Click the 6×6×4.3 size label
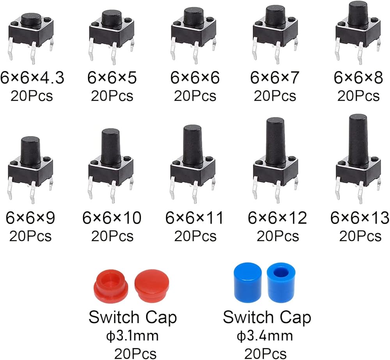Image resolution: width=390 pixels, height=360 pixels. (x=32, y=78)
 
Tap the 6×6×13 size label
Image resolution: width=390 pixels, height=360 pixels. (x=360, y=218)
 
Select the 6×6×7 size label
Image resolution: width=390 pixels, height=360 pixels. (x=275, y=78)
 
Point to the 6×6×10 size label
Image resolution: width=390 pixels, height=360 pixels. (x=112, y=218)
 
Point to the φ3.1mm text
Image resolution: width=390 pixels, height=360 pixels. (x=132, y=336)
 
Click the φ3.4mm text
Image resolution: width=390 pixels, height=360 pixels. (x=265, y=336)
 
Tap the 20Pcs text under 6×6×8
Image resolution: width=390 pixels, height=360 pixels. (x=358, y=96)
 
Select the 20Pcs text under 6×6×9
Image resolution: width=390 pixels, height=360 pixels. (x=30, y=236)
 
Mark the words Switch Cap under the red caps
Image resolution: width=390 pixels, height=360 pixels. (x=133, y=317)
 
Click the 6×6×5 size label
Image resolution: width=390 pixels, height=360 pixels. (x=112, y=78)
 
